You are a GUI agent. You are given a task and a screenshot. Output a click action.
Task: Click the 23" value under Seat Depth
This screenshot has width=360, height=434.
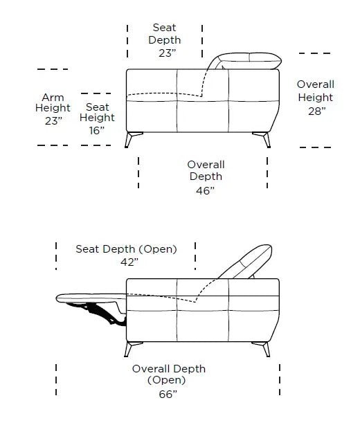(x=168, y=53)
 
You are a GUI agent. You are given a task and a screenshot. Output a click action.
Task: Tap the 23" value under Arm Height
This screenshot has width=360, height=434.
(x=53, y=120)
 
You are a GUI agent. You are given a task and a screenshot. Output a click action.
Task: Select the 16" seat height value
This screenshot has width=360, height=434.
(x=97, y=130)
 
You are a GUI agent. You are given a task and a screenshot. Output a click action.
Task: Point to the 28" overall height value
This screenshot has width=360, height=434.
(x=317, y=111)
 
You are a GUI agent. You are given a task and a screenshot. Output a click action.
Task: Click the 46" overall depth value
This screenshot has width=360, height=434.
(x=205, y=191)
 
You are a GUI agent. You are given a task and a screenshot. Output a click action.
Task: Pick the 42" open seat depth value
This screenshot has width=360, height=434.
(x=129, y=262)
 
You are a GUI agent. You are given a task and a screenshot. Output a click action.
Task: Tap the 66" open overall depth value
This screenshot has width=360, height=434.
(x=168, y=394)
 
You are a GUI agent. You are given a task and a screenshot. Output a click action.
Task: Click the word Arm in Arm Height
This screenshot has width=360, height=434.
(x=53, y=98)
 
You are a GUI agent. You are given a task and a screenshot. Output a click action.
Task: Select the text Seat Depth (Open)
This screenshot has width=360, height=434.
(x=126, y=249)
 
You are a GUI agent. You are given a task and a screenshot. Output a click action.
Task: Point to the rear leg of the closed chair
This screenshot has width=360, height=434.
(x=263, y=139)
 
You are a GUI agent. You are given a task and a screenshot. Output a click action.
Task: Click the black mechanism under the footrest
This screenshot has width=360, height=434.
(x=100, y=314)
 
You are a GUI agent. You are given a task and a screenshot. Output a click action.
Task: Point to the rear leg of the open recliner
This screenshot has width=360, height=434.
(x=263, y=349)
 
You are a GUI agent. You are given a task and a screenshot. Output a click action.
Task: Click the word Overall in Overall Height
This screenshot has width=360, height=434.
(x=316, y=84)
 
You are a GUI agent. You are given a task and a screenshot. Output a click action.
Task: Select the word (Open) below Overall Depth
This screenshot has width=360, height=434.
(x=166, y=380)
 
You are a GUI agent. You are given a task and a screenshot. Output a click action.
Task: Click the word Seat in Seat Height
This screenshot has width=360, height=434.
(x=97, y=107)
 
